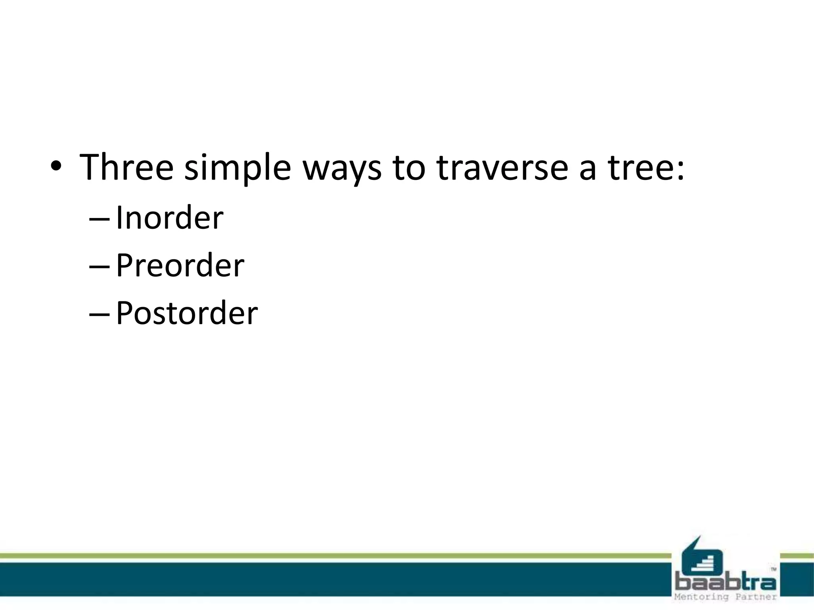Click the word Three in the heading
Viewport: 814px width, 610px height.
coord(126,167)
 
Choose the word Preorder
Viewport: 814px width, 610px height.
coord(180,265)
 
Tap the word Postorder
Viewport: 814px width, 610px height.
coord(187,313)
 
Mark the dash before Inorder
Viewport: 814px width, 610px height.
coord(99,219)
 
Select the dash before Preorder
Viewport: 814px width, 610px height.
coord(99,267)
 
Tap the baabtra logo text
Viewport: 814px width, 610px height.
coord(726,583)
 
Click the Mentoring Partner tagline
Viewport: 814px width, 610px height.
coord(726,597)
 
